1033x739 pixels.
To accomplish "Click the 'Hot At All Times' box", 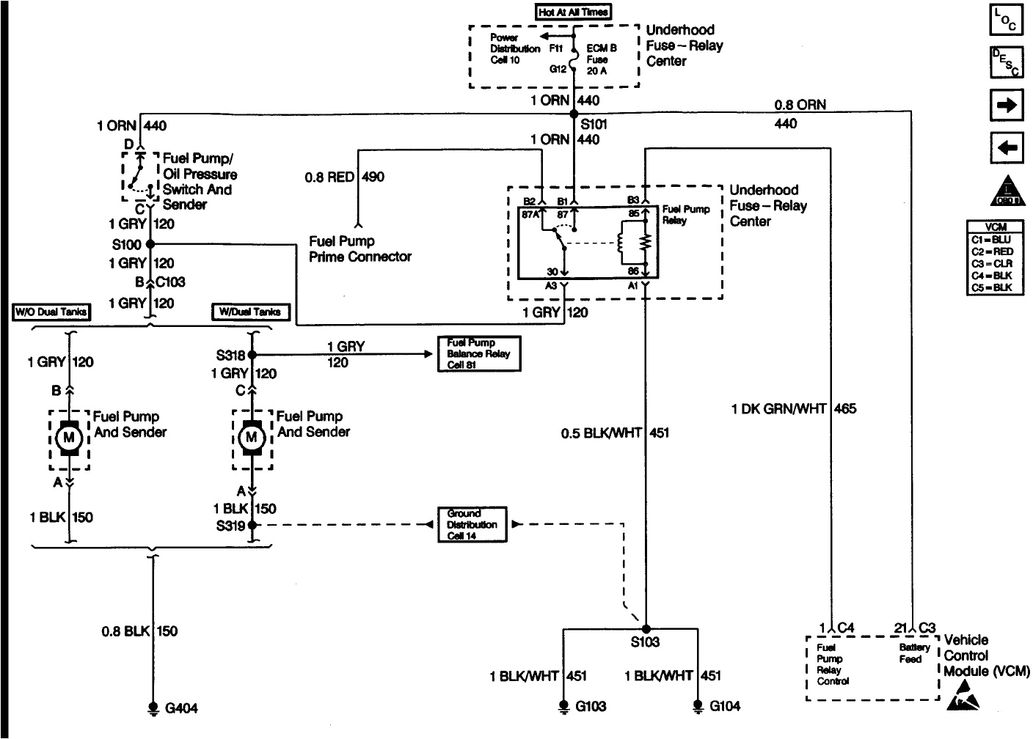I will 574,12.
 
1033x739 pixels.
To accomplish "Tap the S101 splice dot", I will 573,114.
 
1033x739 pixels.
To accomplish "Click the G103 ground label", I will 591,707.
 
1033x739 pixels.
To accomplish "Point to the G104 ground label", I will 725,706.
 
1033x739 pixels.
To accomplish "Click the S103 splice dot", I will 646,628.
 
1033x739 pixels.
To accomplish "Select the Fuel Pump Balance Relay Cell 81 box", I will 478,354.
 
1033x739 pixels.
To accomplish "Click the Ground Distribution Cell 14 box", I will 472,525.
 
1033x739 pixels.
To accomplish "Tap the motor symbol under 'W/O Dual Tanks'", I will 70,438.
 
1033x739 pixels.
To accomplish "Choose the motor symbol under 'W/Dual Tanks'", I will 252,438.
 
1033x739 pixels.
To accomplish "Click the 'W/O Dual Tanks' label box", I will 52,312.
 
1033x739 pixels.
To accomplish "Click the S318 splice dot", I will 252,355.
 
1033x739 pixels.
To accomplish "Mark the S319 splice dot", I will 252,525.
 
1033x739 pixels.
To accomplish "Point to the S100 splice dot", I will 150,244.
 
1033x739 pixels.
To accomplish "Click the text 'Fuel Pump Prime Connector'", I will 359,249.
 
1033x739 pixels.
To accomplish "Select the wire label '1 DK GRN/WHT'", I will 778,409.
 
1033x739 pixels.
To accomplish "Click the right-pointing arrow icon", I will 1007,105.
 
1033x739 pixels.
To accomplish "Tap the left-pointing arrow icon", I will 1007,148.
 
